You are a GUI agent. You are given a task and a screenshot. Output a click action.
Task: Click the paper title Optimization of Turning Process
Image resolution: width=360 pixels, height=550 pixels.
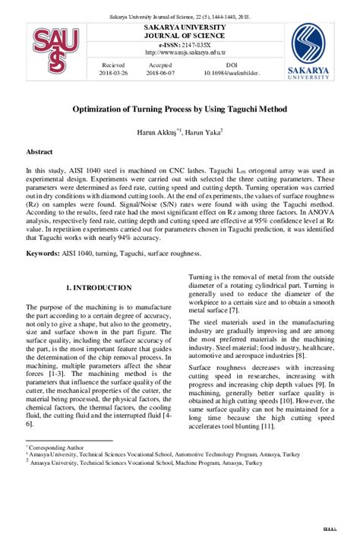[x=179, y=109]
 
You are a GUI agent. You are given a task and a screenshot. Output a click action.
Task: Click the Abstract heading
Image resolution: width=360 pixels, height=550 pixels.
[x=39, y=152]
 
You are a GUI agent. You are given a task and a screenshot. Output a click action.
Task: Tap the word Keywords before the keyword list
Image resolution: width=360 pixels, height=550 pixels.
[x=43, y=252]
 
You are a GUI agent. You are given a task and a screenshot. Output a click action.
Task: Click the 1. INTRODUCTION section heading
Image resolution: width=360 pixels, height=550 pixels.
[x=99, y=288]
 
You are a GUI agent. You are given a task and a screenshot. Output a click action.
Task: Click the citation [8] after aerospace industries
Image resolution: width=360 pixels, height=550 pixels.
[x=301, y=354]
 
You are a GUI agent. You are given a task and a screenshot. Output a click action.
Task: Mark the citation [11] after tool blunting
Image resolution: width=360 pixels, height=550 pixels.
[x=267, y=426]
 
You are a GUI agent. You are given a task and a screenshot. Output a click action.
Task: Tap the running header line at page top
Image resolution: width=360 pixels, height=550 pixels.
[x=179, y=16]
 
